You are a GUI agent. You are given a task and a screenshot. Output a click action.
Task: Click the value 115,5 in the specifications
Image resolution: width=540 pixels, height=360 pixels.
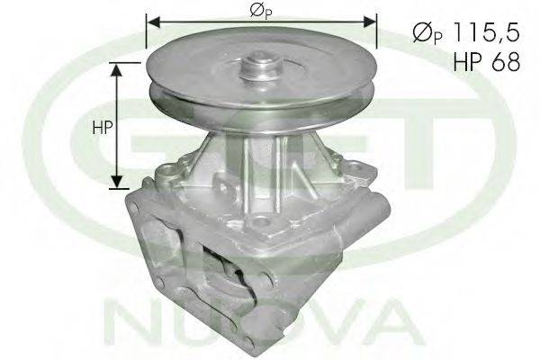486,32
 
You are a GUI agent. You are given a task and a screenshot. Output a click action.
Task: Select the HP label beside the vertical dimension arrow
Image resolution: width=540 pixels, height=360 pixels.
103,128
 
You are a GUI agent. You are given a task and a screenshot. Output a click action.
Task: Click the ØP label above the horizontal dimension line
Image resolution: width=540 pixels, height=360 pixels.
260,11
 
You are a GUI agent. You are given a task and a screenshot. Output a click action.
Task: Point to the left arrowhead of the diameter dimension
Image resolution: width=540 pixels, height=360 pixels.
153,22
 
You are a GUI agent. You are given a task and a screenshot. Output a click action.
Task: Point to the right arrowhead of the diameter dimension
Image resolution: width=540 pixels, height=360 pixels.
370,22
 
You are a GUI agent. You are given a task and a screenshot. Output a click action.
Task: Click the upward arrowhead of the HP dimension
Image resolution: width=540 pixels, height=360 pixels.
117,70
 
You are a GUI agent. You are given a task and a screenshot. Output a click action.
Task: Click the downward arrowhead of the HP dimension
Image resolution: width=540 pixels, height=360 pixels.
117,182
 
